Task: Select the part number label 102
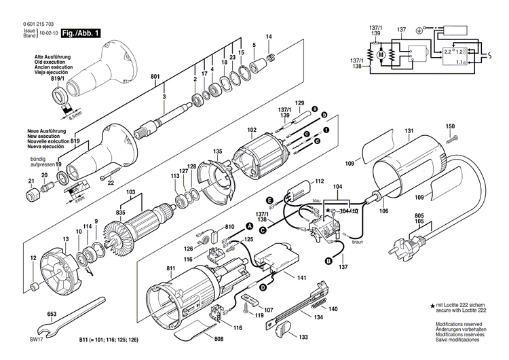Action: pos(251,130)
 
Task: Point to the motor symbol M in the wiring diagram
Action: pos(381,54)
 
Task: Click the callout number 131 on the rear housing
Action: pos(409,131)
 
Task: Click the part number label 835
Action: pos(121,213)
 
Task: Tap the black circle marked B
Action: pos(328,261)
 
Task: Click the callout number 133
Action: pos(303,336)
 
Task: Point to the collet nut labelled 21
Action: pos(31,197)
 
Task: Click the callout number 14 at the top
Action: pos(269,36)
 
